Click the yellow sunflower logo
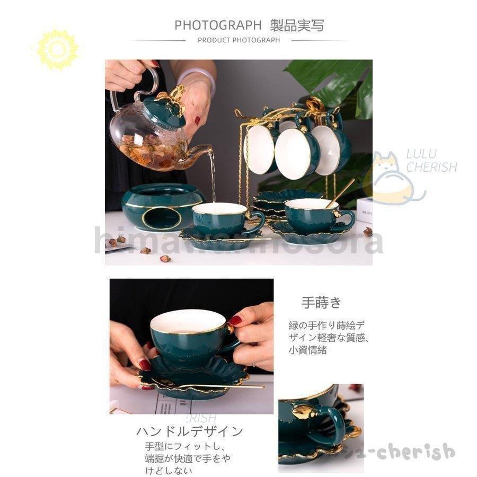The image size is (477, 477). click(x=57, y=49)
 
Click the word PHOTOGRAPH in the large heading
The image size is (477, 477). click(x=218, y=25)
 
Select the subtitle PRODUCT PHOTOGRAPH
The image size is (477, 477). click(x=238, y=40)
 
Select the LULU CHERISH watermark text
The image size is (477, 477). click(x=430, y=161)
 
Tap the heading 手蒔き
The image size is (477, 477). click(x=321, y=303)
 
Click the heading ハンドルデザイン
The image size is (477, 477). click(x=189, y=431)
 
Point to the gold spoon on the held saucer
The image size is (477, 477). click(x=223, y=386)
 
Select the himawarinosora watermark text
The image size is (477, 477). click(x=238, y=242)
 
